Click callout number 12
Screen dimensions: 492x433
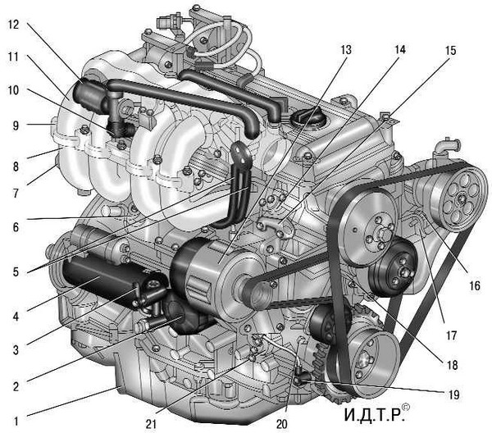coord(14,25)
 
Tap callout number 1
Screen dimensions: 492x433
coord(16,421)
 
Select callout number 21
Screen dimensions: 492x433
coord(151,424)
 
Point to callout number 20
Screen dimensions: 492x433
coord(281,424)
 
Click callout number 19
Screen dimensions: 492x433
coord(453,394)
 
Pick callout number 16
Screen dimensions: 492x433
coord(475,285)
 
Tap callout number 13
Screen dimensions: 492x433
coord(346,50)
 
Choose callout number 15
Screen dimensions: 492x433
coord(450,51)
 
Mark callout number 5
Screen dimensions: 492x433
coord(16,271)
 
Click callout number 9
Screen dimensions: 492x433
coord(16,126)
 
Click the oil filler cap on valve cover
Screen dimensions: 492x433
coord(307,118)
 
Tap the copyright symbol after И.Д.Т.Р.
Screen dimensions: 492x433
coord(406,407)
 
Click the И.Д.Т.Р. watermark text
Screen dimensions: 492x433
coord(373,415)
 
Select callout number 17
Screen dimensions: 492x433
coord(451,335)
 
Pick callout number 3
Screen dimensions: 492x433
coord(16,349)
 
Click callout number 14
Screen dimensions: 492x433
coord(400,49)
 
